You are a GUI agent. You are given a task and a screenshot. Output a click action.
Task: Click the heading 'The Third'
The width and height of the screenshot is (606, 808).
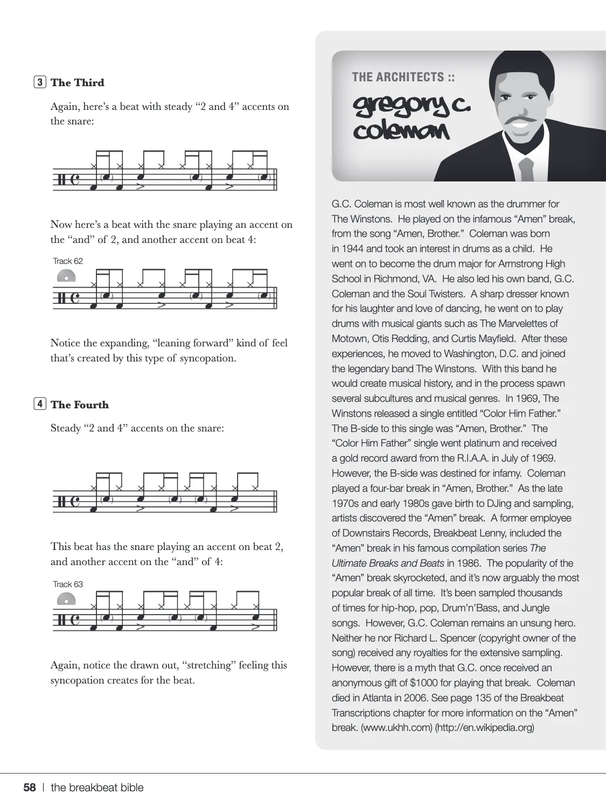[x=77, y=82]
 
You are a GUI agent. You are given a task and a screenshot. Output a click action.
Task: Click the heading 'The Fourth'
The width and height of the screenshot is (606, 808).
[x=79, y=405]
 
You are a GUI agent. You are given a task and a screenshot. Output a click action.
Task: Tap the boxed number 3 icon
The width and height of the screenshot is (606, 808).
[x=40, y=82]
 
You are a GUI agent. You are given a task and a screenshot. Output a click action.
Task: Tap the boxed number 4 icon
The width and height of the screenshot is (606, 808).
[x=40, y=404]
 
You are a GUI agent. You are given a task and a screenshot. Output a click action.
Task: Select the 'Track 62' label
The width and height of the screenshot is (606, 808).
[x=68, y=261]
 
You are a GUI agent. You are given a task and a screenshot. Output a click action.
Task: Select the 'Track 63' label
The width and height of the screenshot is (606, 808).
[x=68, y=584]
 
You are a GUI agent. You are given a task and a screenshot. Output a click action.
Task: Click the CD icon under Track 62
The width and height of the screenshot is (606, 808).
[x=66, y=276]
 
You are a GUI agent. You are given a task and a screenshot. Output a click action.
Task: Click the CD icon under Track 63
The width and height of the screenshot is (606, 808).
[x=66, y=599]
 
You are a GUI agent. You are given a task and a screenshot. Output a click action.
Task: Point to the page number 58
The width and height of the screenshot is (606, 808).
[x=30, y=788]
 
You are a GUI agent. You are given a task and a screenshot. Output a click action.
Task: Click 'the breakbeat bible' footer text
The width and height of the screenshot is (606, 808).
[x=97, y=788]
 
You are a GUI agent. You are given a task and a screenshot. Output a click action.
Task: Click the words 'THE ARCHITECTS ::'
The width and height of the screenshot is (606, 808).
[x=403, y=77]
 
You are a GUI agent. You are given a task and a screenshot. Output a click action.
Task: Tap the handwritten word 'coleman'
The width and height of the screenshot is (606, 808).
[x=401, y=130]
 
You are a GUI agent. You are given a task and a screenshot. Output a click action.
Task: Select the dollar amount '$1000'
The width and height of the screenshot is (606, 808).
[x=426, y=683]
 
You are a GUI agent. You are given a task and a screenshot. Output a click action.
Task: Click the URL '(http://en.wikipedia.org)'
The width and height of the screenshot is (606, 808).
[x=485, y=728]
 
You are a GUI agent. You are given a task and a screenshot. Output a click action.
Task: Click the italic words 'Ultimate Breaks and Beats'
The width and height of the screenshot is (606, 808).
[x=388, y=563]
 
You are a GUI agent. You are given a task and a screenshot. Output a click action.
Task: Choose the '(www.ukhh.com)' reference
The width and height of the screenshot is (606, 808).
[x=396, y=728]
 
